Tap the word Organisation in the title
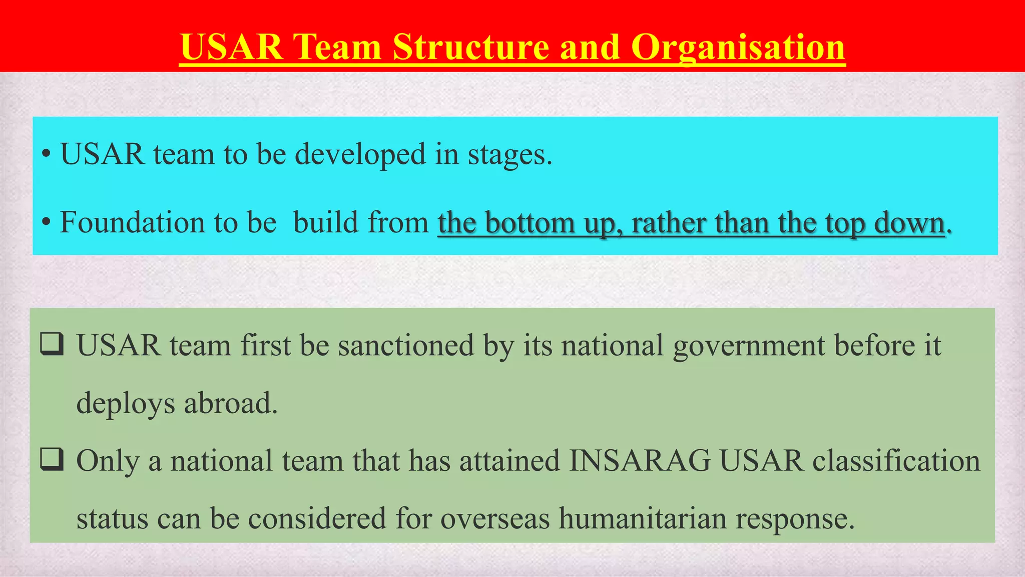pyautogui.click(x=738, y=47)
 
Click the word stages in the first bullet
pyautogui.click(x=509, y=154)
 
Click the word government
pyautogui.click(x=748, y=346)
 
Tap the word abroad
pyautogui.click(x=230, y=403)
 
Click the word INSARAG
pyautogui.click(x=640, y=461)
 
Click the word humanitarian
pyautogui.click(x=643, y=518)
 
